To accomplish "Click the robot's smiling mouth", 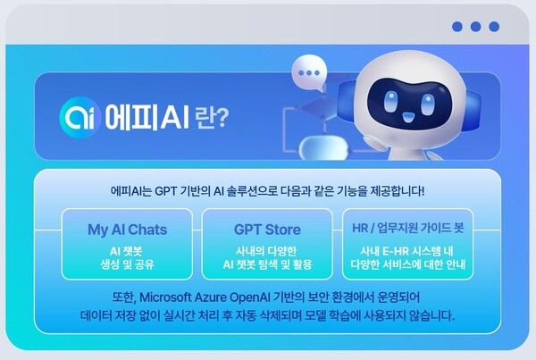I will [406, 115].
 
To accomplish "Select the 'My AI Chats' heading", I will [127, 230].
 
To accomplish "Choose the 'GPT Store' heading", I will [267, 230].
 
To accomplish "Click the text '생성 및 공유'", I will [127, 265].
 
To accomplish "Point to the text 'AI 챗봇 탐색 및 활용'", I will [267, 265].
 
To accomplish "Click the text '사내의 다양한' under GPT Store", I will [267, 251].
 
